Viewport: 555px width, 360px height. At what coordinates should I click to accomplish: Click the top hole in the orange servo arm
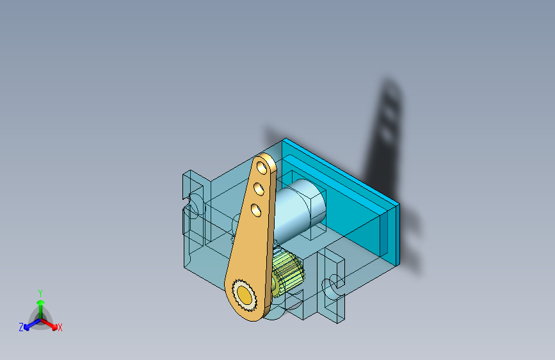pyautogui.click(x=261, y=168)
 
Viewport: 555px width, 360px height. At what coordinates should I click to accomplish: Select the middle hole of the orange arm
pyautogui.click(x=259, y=189)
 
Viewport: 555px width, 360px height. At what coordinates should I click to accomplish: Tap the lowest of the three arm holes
pyautogui.click(x=255, y=209)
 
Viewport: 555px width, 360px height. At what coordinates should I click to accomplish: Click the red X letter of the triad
pyautogui.click(x=60, y=328)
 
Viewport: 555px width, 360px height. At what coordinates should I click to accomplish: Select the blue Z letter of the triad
pyautogui.click(x=21, y=327)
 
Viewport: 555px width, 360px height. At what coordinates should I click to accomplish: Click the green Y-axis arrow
pyautogui.click(x=40, y=305)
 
